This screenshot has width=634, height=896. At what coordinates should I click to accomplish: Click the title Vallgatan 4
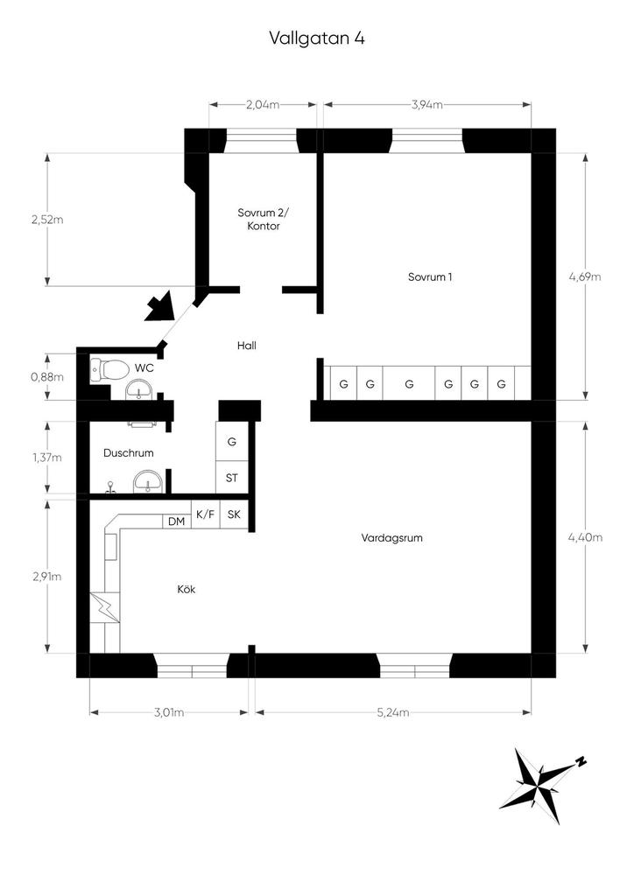317,38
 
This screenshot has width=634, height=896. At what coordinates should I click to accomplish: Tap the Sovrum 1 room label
430,277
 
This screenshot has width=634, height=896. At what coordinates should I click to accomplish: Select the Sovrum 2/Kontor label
264,220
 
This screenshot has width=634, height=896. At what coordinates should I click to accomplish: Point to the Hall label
247,346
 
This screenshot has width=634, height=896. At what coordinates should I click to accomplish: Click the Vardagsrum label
392,538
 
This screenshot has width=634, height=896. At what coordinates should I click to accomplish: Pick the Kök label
187,589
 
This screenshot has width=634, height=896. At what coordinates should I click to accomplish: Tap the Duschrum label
129,453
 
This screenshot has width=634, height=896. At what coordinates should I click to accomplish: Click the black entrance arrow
159,306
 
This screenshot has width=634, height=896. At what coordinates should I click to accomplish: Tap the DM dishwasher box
177,521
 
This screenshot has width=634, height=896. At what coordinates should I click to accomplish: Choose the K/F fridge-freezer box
205,514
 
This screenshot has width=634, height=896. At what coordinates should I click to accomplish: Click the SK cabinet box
234,514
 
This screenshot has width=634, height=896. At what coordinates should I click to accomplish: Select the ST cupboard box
231,478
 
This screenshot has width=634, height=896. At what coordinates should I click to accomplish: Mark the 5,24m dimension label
393,712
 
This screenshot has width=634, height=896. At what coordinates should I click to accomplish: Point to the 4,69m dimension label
585,277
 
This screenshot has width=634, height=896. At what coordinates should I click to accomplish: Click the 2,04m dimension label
263,105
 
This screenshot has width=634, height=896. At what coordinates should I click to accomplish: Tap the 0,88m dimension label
47,377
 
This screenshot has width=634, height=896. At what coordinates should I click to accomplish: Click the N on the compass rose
581,762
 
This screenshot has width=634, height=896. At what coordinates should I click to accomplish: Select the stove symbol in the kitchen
105,607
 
